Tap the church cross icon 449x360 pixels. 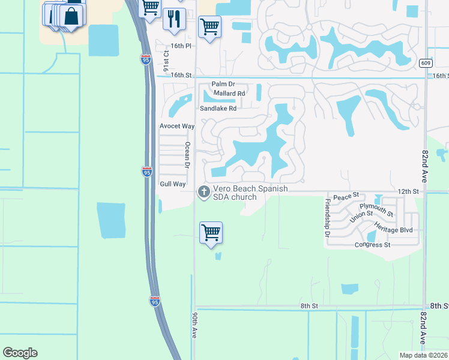coord(203,192)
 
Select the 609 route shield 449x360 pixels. coord(425,62)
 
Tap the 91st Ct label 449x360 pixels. coord(166,61)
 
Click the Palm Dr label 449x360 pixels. coord(222,85)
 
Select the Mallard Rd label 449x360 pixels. coord(229,94)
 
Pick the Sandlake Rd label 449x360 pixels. coord(218,109)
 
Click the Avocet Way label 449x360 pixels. coord(177,126)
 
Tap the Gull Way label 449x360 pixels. coord(172,184)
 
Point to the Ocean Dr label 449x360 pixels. coord(187,155)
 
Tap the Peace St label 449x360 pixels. coord(346,196)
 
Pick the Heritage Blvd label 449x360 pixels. coord(393,230)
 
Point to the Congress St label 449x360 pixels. coord(372,245)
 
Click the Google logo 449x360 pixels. coord(20,353)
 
